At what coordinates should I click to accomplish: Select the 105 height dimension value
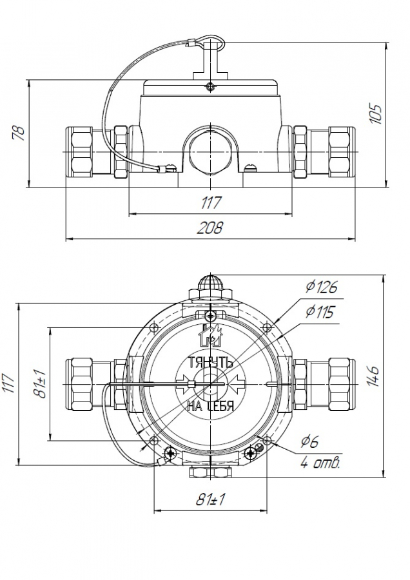click(x=376, y=114)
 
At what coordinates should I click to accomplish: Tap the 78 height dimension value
click(x=19, y=133)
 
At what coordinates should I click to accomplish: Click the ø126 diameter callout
click(x=322, y=287)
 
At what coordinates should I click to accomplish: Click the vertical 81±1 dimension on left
click(x=41, y=383)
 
